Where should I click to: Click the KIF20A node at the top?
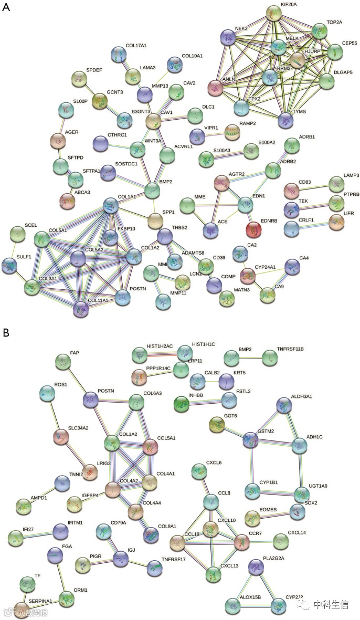click(273, 13)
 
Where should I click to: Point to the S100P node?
click(66, 109)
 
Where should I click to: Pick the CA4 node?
click(292, 267)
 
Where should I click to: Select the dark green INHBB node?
click(182, 403)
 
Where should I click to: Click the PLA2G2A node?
click(256, 567)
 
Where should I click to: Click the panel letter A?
click(6, 9)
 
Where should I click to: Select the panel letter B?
click(6, 333)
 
